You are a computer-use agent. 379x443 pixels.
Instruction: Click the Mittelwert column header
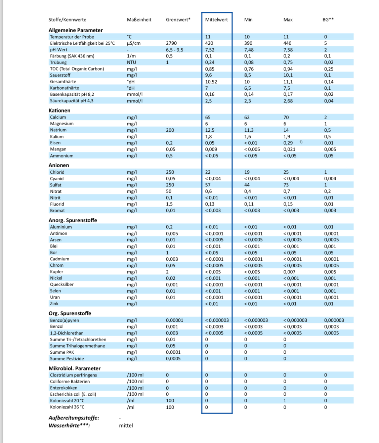(216, 20)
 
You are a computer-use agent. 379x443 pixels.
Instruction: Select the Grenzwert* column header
(178, 20)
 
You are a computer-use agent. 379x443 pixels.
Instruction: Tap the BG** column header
(328, 20)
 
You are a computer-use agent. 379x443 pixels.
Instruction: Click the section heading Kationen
(59, 110)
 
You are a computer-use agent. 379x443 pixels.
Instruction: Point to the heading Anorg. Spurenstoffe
(73, 220)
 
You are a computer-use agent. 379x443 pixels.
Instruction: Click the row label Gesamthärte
(63, 82)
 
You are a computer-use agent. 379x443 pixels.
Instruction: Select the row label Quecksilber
(62, 284)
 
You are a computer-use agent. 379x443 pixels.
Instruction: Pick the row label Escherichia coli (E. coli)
(73, 394)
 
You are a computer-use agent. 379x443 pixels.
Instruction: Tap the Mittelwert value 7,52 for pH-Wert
(210, 50)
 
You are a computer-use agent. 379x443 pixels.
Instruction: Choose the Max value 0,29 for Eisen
(288, 143)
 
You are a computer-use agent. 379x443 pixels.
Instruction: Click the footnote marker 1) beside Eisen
(301, 142)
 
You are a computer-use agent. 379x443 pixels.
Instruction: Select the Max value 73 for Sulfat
(286, 185)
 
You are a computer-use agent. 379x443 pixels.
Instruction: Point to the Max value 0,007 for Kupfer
(289, 272)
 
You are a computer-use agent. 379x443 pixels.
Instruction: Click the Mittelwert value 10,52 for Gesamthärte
(211, 82)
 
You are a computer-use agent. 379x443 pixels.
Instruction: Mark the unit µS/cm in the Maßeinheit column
(134, 43)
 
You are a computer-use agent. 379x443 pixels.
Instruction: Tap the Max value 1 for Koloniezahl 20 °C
(285, 401)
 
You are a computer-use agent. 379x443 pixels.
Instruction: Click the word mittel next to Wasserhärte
(126, 426)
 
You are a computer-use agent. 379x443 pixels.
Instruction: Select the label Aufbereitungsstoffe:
(74, 418)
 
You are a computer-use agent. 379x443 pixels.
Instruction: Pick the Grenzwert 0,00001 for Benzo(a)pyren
(174, 320)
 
